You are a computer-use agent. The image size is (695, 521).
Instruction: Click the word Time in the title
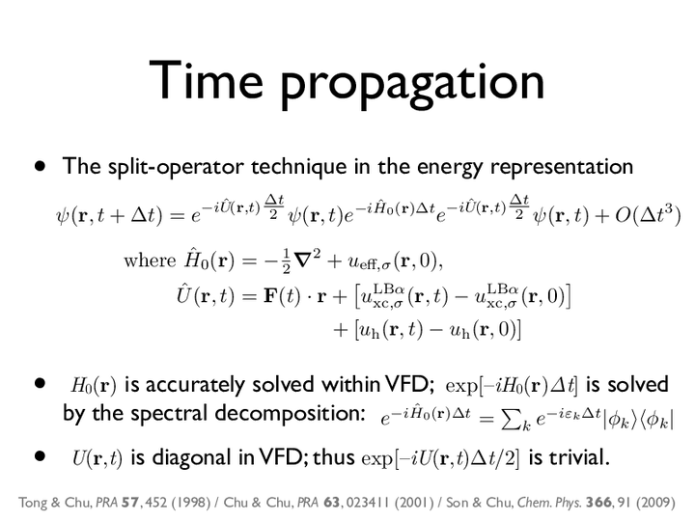tap(207, 80)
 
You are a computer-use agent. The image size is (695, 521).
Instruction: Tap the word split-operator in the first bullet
tap(176, 167)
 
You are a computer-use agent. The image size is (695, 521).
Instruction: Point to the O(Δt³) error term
tap(648, 215)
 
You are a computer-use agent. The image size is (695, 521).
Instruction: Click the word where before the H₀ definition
tap(150, 260)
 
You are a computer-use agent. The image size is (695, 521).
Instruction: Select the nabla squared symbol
tap(307, 260)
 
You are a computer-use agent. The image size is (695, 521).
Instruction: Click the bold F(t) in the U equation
tap(282, 296)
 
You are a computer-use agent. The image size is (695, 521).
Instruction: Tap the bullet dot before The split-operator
tap(41, 167)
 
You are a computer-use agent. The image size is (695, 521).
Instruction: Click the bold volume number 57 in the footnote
tap(130, 503)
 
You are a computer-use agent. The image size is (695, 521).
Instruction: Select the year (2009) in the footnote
tap(655, 503)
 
